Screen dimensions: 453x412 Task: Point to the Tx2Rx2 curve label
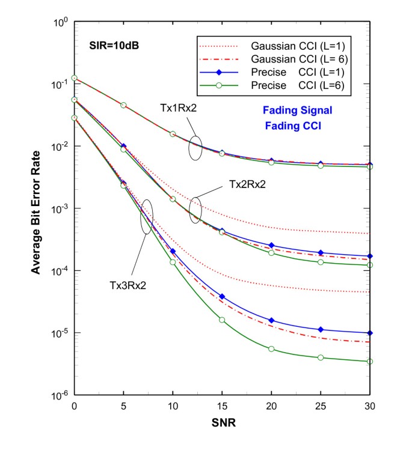247,184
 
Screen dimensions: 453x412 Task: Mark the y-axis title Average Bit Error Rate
36,209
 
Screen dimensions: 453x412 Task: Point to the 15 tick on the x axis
222,406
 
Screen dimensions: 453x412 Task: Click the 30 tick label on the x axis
370,406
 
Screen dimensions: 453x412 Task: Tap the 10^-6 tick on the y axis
60,395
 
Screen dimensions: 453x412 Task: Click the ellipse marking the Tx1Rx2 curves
195,147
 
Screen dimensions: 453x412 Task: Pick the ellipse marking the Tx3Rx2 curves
147,217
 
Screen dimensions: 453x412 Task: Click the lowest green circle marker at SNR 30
370,361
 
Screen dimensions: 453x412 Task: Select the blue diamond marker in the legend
221,73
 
